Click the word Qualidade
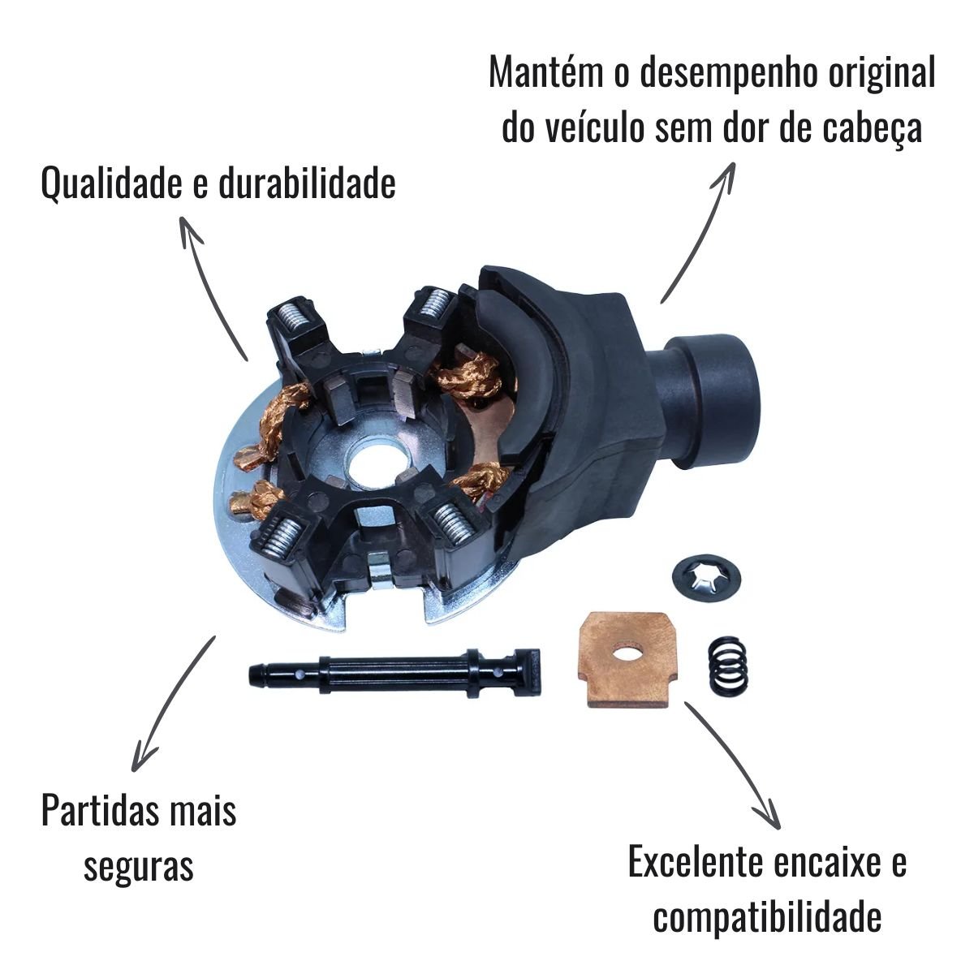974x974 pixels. coord(111,183)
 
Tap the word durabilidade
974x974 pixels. coord(308,183)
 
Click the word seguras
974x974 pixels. coord(139,866)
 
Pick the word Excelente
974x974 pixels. coord(695,862)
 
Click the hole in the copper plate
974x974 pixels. coord(627,654)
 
